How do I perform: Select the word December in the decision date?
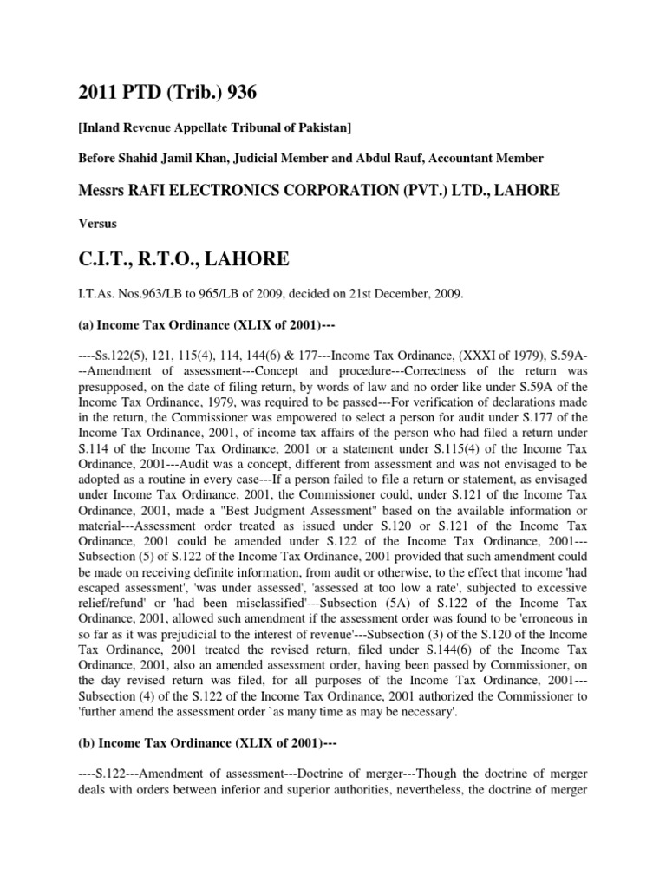tap(409, 294)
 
